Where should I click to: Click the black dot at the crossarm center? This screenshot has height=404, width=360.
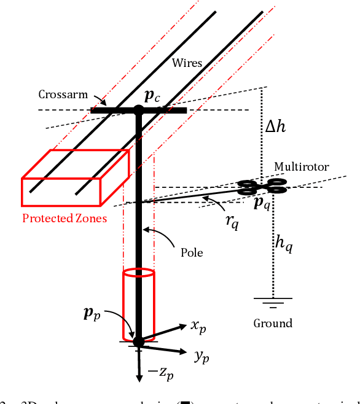(x=139, y=111)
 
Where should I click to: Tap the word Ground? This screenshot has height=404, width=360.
(x=273, y=323)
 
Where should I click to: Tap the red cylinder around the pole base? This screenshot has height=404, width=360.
(x=139, y=304)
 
